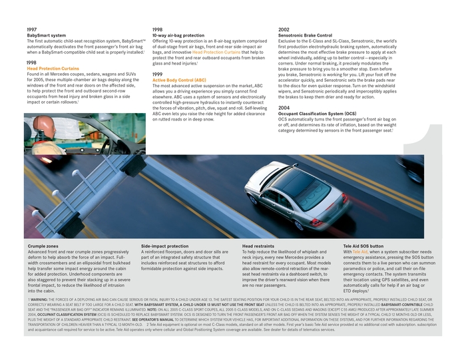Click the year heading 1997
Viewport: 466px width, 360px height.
click(x=32, y=30)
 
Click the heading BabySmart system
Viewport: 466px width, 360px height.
click(x=46, y=35)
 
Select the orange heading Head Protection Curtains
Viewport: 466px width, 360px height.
click(x=53, y=68)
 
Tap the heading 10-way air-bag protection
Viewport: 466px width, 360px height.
click(x=178, y=35)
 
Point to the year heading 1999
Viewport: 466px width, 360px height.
click(x=157, y=74)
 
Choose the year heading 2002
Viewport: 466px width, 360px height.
click(x=284, y=30)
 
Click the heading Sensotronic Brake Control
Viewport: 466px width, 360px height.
click(x=305, y=35)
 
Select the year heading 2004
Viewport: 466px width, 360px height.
click(x=284, y=107)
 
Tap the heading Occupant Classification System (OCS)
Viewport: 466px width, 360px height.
click(x=317, y=113)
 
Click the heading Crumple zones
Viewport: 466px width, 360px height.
click(x=43, y=246)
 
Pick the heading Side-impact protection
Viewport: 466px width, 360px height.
click(x=164, y=246)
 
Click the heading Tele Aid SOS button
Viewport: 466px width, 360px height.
click(x=363, y=246)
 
